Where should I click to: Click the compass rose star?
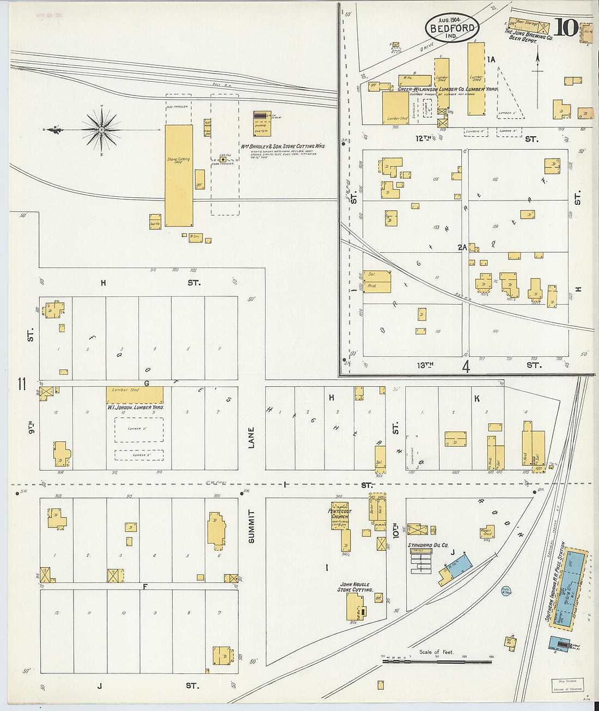(101, 130)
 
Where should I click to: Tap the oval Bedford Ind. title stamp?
(451, 28)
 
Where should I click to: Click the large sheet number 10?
(566, 28)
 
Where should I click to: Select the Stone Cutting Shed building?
(179, 175)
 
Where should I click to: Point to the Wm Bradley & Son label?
(283, 146)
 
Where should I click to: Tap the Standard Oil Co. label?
(428, 545)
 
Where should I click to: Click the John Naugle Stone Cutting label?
(354, 587)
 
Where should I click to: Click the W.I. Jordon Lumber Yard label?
(136, 407)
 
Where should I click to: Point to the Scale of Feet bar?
(437, 661)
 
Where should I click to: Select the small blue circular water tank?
(505, 591)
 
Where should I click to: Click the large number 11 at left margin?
(21, 384)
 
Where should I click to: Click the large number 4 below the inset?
(466, 367)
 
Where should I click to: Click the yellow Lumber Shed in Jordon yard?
(135, 395)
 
